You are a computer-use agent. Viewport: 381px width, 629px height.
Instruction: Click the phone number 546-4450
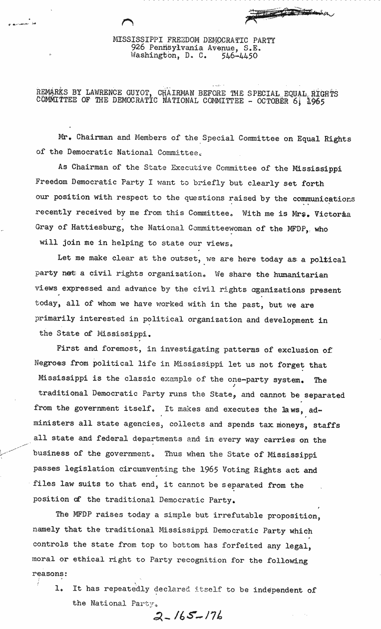(x=239, y=56)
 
